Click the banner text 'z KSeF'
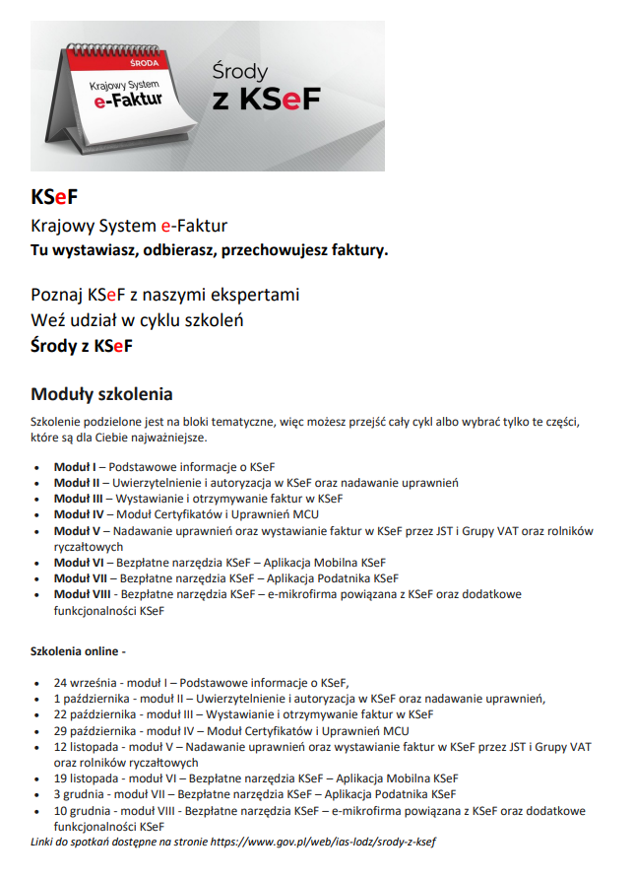coord(266,101)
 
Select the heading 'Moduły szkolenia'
coord(102,394)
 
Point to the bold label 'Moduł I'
coord(75,465)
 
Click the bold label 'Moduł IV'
coord(78,513)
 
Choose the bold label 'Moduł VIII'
coord(82,594)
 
